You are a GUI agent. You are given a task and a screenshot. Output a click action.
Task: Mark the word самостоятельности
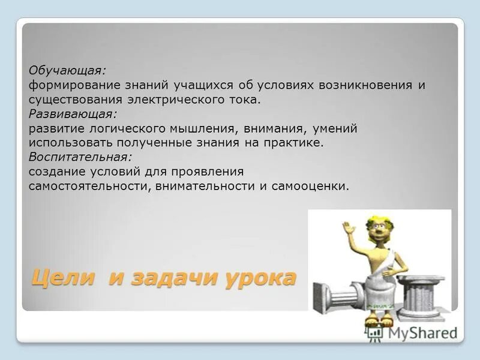[x=89, y=186]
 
